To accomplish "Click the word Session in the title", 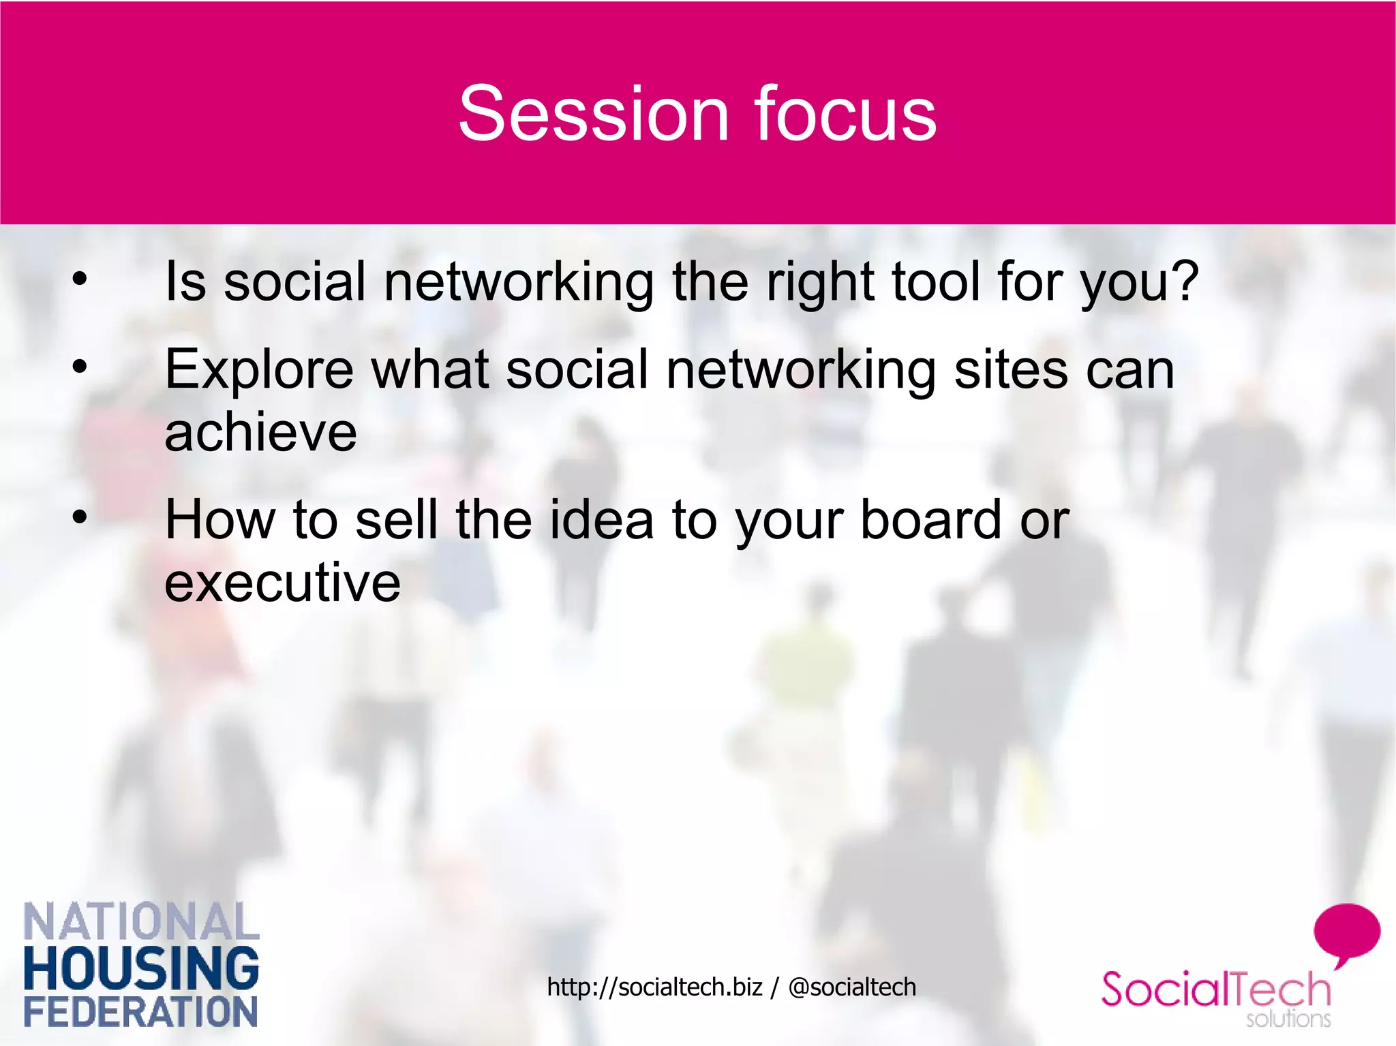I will [x=594, y=114].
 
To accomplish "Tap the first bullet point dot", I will [x=80, y=279].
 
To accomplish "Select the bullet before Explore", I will [x=80, y=367].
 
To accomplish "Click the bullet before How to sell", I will [x=80, y=517].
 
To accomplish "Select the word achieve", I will [x=260, y=433].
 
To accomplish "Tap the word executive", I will [x=282, y=583].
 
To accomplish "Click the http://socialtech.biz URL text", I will [x=654, y=987].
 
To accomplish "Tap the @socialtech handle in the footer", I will [x=852, y=987].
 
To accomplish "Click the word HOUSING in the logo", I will [x=141, y=968].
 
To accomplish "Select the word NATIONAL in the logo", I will [x=141, y=921].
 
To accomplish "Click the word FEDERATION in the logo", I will [x=141, y=1011].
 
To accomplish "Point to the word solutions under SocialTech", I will [x=1288, y=1019].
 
